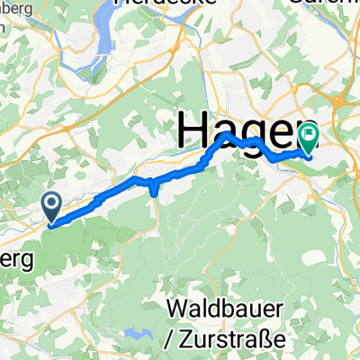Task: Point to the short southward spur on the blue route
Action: coord(154,187)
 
